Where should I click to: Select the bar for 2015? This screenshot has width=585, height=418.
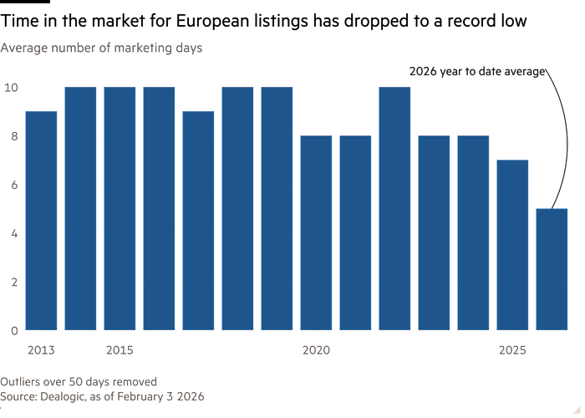[x=120, y=208]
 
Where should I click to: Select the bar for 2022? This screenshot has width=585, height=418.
[x=394, y=208]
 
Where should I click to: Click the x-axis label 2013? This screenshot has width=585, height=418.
[x=41, y=349]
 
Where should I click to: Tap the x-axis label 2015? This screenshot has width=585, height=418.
[x=120, y=349]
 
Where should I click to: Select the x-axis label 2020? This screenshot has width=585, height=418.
[x=316, y=349]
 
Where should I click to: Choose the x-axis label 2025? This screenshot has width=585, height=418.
[x=512, y=349]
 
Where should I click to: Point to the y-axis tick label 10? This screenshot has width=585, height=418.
[x=10, y=87]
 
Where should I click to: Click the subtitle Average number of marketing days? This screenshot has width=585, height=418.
[x=101, y=48]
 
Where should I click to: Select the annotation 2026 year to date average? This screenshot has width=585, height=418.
[x=477, y=72]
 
